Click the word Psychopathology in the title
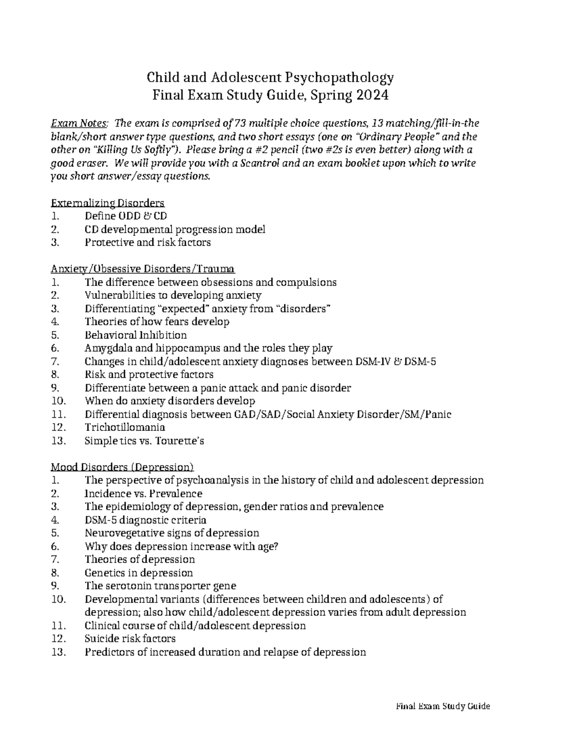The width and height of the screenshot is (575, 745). (340, 77)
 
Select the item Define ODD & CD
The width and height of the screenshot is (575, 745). (126, 216)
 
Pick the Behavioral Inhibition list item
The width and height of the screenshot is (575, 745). (136, 335)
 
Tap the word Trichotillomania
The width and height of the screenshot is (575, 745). (125, 427)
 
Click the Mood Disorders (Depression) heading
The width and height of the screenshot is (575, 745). (122, 467)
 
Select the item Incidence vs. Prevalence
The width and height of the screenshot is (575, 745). (143, 494)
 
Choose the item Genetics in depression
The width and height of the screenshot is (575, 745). (138, 573)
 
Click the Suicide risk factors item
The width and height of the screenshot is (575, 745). (130, 639)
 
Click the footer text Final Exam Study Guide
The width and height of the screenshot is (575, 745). (442, 706)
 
